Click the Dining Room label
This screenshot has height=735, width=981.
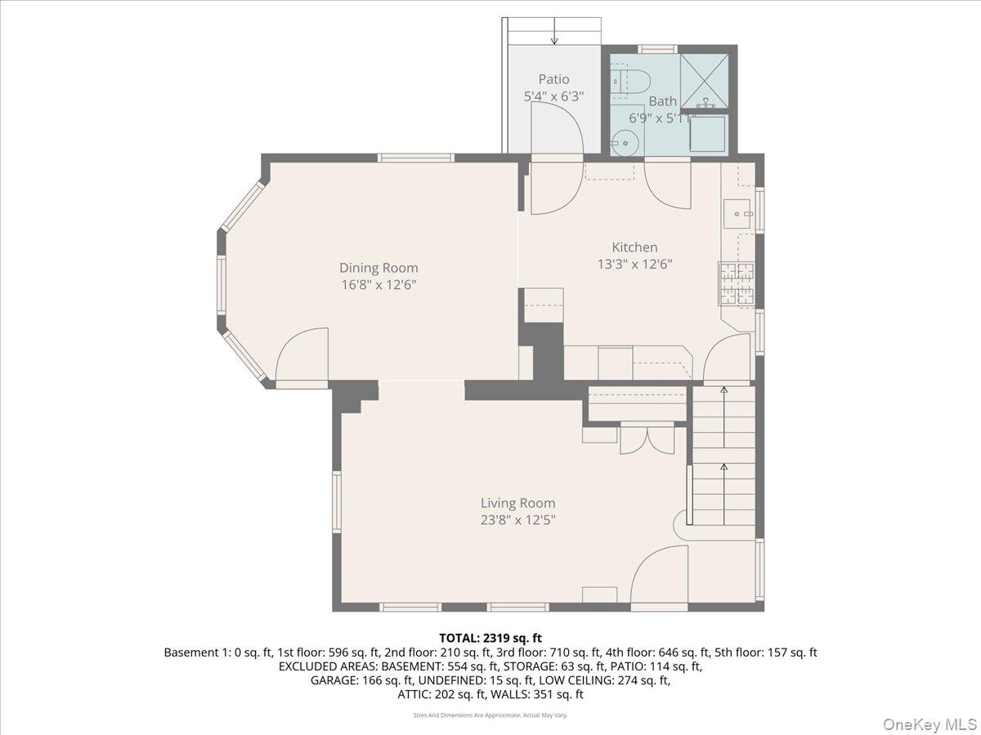point(379,268)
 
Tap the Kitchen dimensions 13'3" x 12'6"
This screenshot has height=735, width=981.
point(634,264)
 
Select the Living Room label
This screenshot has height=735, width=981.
point(517,503)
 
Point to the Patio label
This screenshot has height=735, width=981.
point(553,79)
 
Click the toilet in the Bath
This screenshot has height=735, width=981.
point(632,81)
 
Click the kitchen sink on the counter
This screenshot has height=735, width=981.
point(737,214)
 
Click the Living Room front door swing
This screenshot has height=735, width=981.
point(658,576)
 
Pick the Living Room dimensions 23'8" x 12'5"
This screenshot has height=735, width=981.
point(517,519)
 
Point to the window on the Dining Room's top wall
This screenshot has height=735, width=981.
point(415,158)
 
